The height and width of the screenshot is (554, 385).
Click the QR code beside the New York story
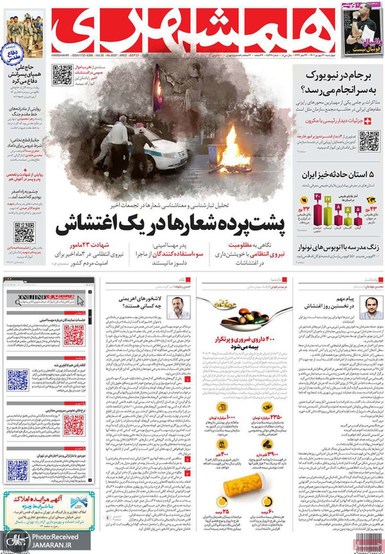pyautogui.click(x=368, y=141)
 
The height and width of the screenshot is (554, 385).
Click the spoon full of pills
pyautogui.click(x=239, y=309)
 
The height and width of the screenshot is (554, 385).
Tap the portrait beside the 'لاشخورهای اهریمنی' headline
pyautogui.click(x=178, y=307)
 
